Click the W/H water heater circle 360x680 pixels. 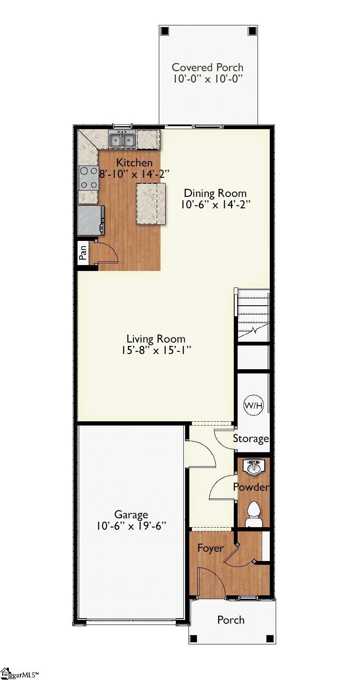point(253,406)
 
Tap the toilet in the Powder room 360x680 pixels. point(254,511)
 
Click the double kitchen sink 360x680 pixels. point(122,139)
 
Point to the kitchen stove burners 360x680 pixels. point(89,178)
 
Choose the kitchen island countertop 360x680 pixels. point(150,204)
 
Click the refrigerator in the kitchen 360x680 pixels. point(90,220)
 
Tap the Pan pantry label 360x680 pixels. point(83,253)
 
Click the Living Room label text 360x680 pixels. point(156,339)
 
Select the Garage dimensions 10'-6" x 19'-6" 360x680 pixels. point(131,526)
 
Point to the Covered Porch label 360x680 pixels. point(208,67)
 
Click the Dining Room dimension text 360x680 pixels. point(215,205)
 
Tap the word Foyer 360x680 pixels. point(210,548)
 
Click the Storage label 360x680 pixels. point(251,439)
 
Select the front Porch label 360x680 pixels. point(231,620)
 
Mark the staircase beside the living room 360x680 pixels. point(253,315)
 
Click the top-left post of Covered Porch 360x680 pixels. point(165,31)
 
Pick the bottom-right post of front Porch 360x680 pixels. point(270,639)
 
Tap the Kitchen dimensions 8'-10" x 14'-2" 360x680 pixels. point(134,174)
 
